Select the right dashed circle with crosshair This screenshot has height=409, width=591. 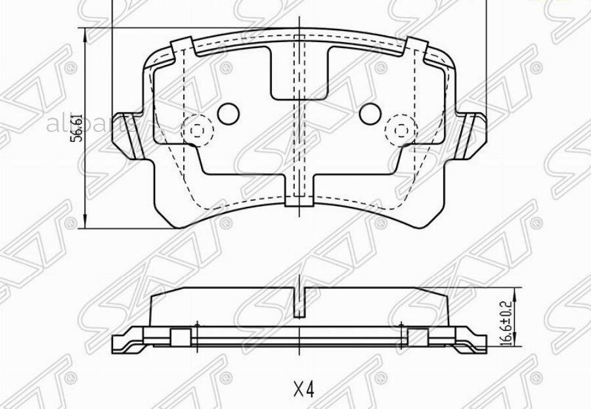(399, 129)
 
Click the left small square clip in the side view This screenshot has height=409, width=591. (178, 337)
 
